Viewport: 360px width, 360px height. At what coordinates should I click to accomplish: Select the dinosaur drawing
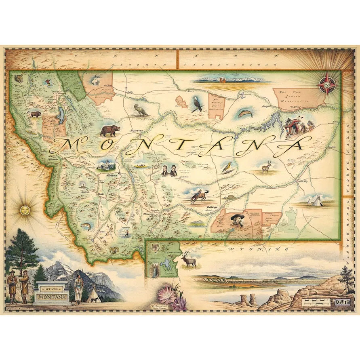pos(141,110)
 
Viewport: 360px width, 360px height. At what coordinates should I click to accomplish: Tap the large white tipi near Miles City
pos(312,199)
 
